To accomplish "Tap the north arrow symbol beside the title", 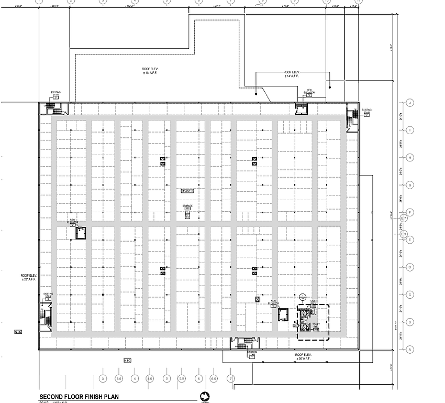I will (x=205, y=397).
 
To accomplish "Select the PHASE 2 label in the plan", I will (x=187, y=191).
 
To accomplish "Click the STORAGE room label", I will (x=187, y=207).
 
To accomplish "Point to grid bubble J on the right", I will (x=410, y=103).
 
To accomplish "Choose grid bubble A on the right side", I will (x=410, y=349).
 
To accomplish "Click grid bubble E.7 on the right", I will (x=404, y=218).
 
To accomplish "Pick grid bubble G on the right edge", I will (x=410, y=184).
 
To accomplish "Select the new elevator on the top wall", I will (x=302, y=108).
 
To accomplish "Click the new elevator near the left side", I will (x=81, y=234).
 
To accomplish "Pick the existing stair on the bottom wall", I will (x=242, y=343).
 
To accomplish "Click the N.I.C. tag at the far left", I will (x=17, y=332).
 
